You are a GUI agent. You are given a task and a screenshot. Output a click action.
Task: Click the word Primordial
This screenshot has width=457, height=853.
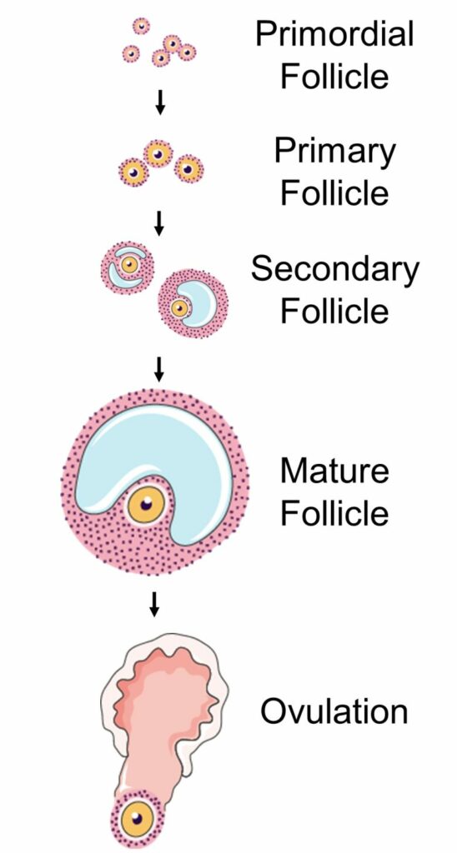[x=334, y=34]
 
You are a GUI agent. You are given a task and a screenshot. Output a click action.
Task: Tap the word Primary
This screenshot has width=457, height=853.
[x=334, y=152]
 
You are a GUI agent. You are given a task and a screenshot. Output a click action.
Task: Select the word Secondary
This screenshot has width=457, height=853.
[x=335, y=269]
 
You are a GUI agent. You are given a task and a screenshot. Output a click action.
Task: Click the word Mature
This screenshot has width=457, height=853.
[x=334, y=471]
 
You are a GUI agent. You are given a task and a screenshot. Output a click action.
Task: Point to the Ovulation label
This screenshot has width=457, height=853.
[x=334, y=711]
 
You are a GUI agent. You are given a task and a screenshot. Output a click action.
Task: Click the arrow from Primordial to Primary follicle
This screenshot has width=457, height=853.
[x=159, y=102]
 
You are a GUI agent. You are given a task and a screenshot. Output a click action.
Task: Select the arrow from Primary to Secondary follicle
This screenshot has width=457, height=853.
[x=159, y=223]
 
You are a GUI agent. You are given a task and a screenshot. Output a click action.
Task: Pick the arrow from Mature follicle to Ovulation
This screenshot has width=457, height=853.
[x=154, y=605]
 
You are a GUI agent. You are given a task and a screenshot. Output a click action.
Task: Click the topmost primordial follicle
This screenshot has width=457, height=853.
[x=141, y=26]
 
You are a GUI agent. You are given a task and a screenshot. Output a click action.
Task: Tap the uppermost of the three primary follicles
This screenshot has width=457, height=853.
[x=158, y=154]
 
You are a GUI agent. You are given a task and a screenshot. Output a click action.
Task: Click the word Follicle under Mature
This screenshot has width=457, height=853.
[x=334, y=513]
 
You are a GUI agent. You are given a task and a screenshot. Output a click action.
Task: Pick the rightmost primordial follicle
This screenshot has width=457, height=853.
[x=187, y=52]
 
